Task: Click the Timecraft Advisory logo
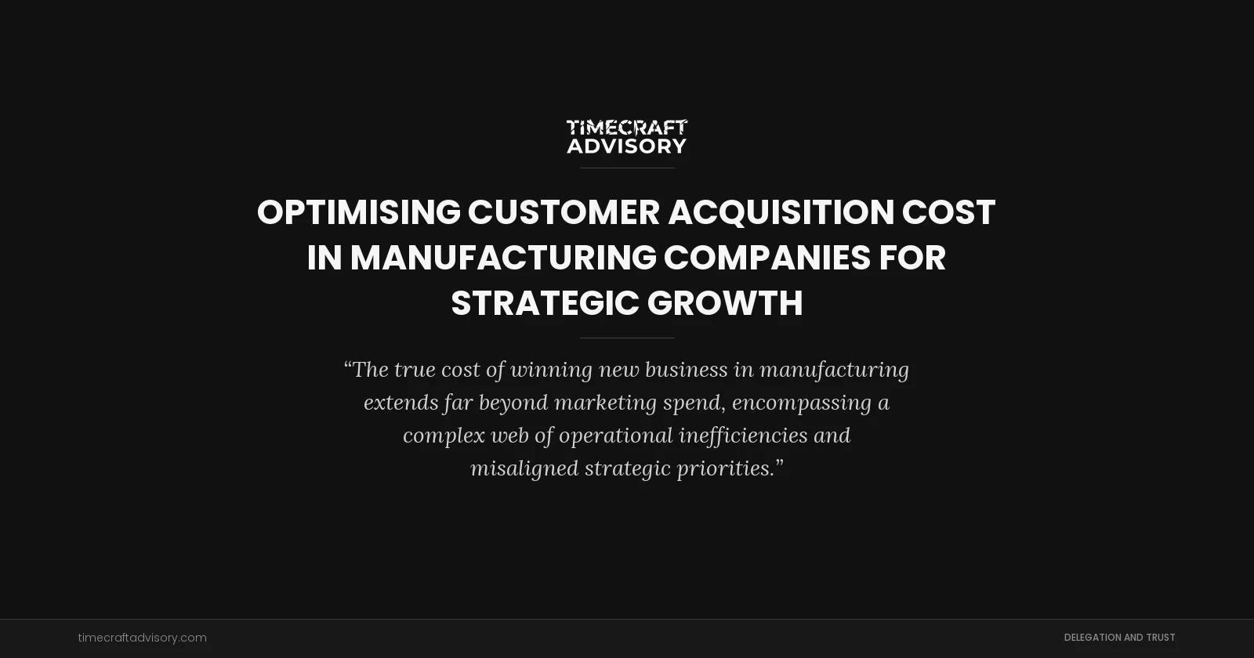coord(627,136)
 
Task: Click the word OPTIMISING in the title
coord(359,212)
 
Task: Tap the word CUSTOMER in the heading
coord(564,212)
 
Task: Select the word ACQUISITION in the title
coord(781,212)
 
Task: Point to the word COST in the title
coord(948,212)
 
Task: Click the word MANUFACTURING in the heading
coord(503,258)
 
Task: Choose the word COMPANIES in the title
coord(767,258)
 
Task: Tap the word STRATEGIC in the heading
coord(545,303)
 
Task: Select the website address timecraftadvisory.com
coord(143,638)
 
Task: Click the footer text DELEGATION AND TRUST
coord(1119,638)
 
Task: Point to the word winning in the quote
coord(552,370)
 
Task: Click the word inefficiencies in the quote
coord(743,436)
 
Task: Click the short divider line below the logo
coord(627,168)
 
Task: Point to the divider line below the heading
coord(627,338)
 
